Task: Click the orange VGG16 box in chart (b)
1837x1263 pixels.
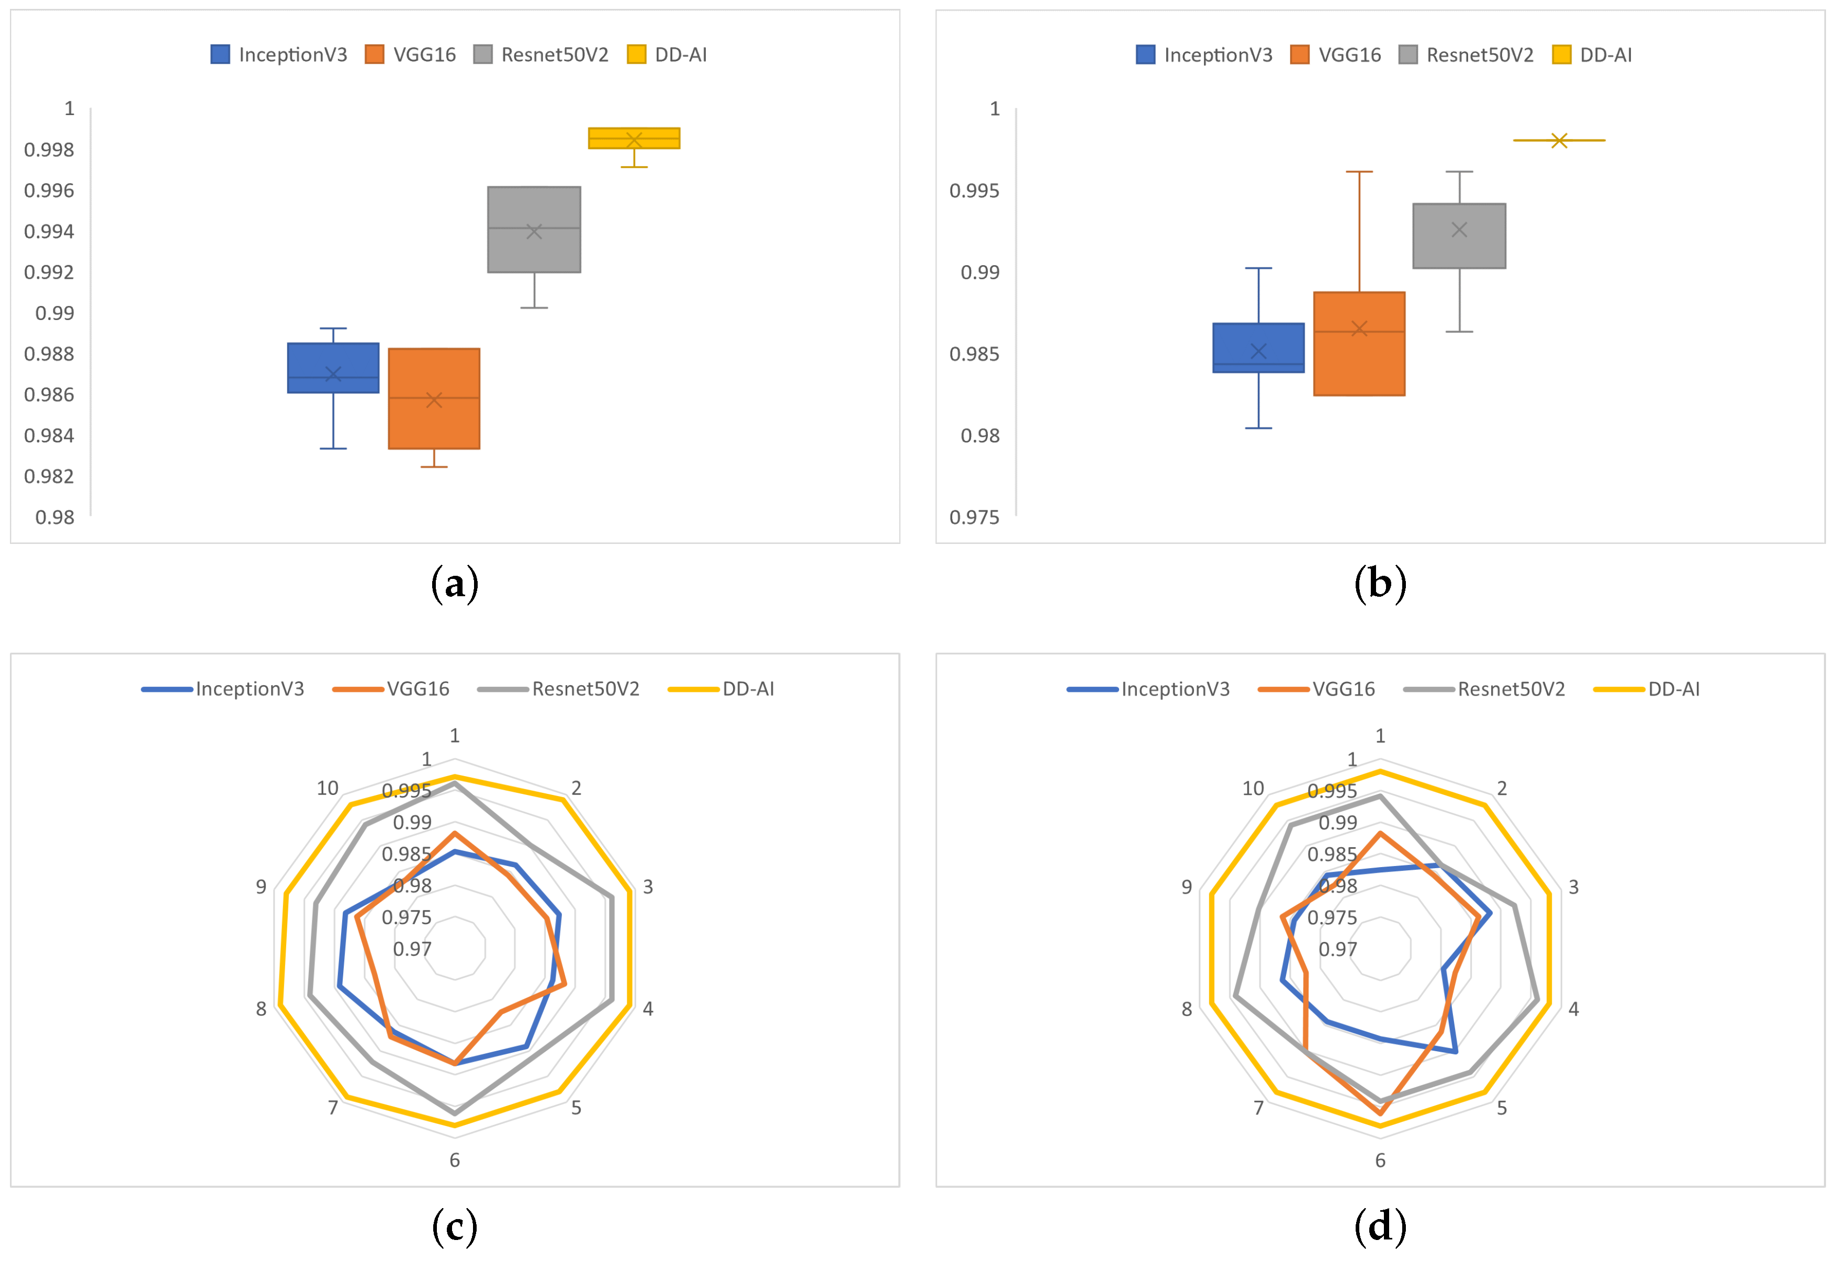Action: (x=1358, y=344)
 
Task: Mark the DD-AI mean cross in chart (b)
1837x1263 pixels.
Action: (x=1559, y=140)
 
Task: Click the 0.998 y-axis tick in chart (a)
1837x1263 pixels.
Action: (x=49, y=150)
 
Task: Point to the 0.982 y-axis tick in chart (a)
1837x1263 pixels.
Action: (x=49, y=476)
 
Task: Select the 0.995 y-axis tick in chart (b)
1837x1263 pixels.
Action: (x=974, y=191)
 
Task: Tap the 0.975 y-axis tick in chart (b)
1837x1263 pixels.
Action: (x=974, y=518)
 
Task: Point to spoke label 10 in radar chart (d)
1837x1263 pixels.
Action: (x=1253, y=788)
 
